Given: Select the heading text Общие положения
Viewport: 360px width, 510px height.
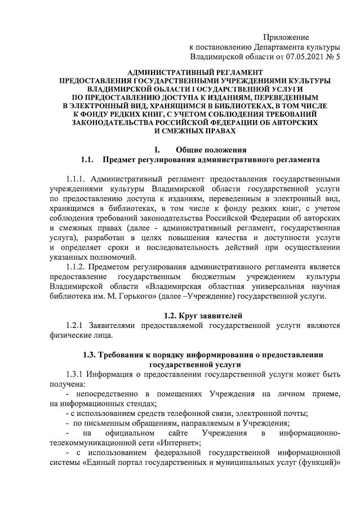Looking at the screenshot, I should coord(211,150).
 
